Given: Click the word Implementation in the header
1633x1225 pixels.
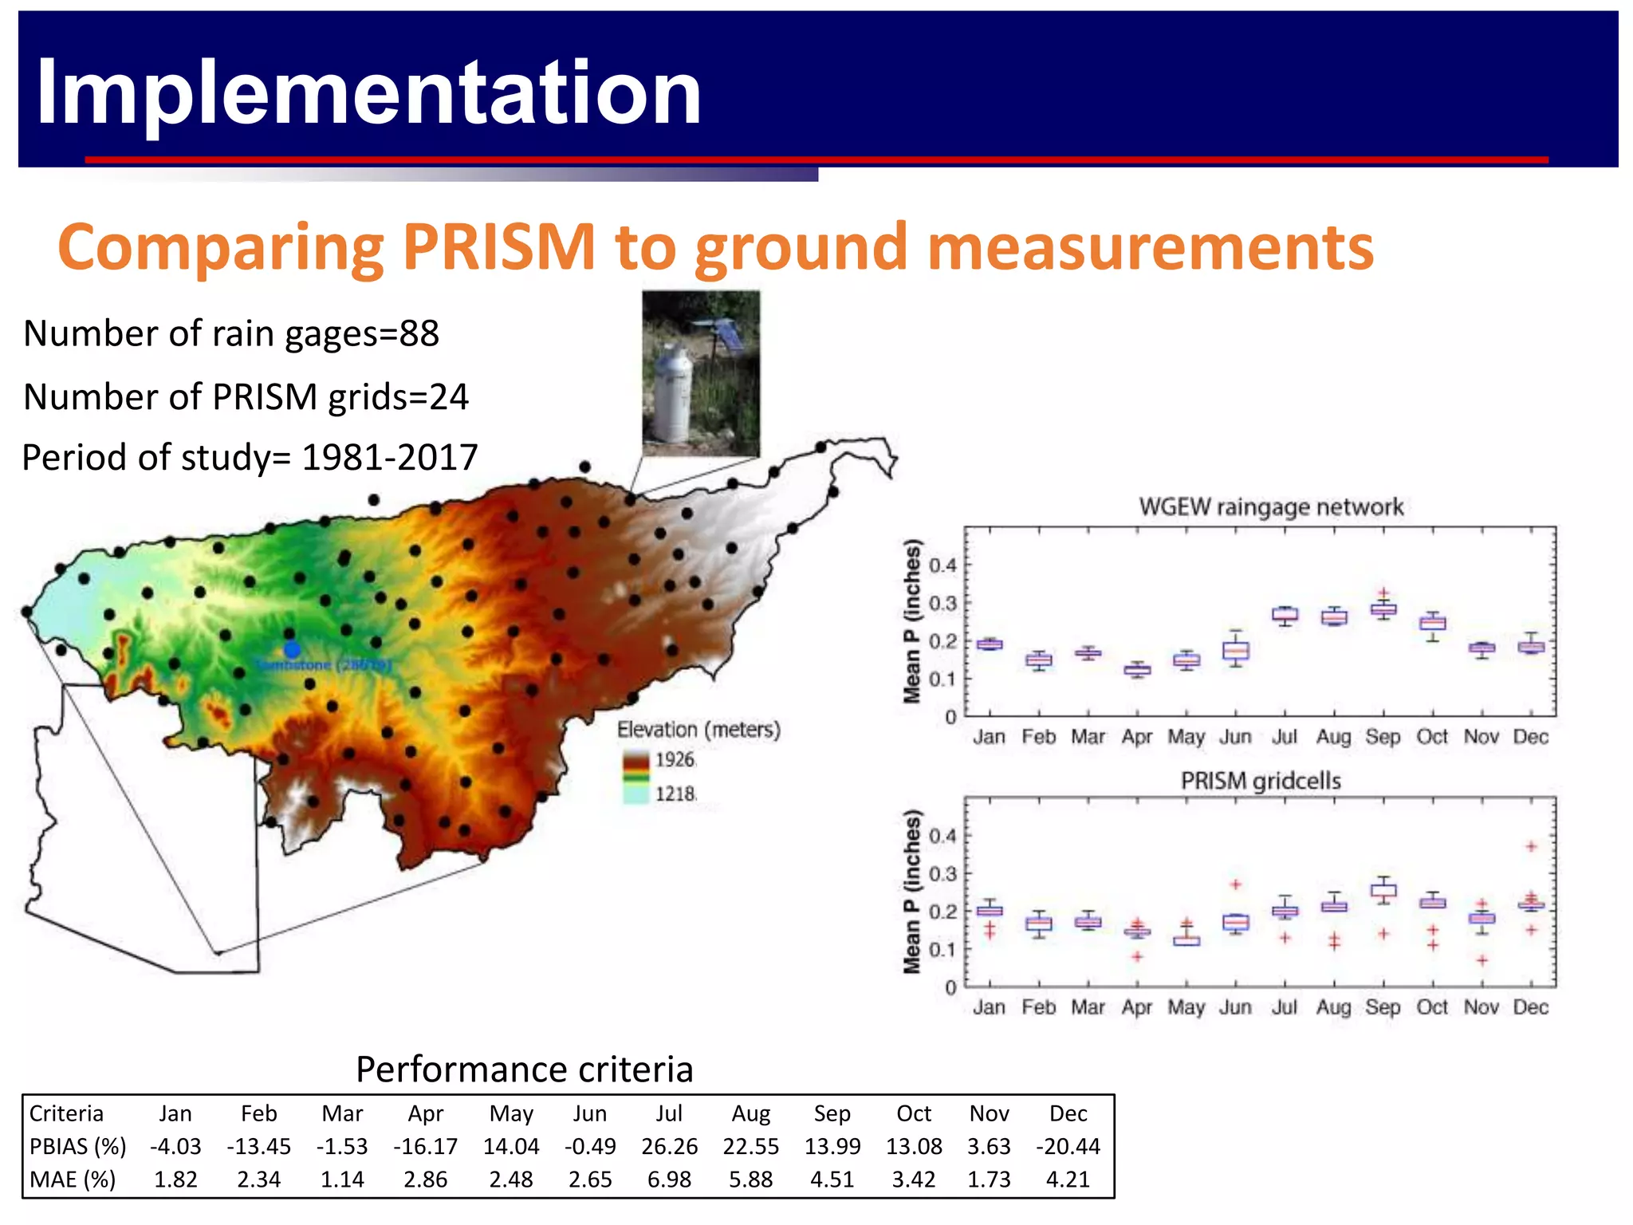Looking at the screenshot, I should (368, 93).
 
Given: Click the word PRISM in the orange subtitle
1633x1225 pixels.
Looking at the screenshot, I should (498, 246).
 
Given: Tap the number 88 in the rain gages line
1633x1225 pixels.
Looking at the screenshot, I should (419, 333).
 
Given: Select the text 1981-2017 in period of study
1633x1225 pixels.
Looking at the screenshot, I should (389, 458).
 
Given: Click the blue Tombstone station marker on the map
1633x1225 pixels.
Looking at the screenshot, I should (292, 650).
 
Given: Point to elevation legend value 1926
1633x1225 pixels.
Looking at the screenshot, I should (675, 759).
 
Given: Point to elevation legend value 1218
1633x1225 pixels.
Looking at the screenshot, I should (675, 794).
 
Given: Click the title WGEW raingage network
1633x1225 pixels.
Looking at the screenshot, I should (1271, 507).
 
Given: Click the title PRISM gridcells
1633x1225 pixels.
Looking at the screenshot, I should (1261, 781).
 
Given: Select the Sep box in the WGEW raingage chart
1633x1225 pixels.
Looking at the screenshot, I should (1383, 609).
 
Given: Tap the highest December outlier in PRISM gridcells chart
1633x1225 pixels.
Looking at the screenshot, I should (1531, 846).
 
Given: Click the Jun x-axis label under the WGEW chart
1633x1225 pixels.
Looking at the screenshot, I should (1235, 737).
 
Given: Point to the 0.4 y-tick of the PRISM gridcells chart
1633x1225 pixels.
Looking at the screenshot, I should (942, 836).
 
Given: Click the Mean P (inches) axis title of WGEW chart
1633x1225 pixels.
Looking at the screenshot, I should (912, 622).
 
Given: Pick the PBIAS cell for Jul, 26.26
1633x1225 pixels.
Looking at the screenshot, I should (669, 1146).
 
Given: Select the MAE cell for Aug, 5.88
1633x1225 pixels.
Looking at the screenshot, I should (750, 1180).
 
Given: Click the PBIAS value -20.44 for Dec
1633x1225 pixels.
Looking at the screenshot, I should (1068, 1146).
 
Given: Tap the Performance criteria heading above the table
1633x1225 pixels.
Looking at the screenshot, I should (524, 1069).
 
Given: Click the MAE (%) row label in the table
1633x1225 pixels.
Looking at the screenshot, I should (73, 1180).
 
